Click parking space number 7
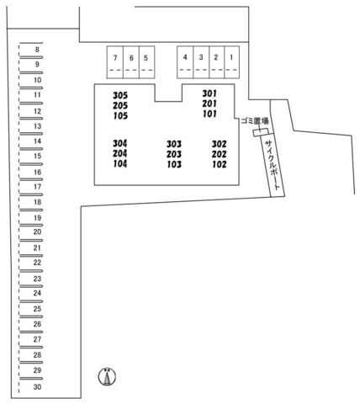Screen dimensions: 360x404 click(x=115, y=62)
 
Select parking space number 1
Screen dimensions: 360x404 click(x=231, y=62)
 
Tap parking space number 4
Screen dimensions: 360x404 click(x=185, y=62)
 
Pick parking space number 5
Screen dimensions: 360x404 click(x=146, y=62)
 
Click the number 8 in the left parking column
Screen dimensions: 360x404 click(x=37, y=50)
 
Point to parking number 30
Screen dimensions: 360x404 click(x=37, y=387)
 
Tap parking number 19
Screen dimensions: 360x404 click(x=38, y=218)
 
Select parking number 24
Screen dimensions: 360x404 click(x=37, y=293)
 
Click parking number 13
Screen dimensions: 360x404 click(x=38, y=126)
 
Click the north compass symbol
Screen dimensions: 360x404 click(x=107, y=376)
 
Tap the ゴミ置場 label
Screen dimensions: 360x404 click(x=255, y=121)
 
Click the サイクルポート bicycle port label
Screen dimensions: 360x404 click(x=273, y=165)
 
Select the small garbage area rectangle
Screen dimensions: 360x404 click(x=261, y=132)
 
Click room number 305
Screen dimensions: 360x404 click(x=120, y=95)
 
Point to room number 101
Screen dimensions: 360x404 click(x=209, y=114)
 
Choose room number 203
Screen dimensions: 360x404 click(x=174, y=154)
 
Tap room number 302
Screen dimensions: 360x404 click(x=219, y=144)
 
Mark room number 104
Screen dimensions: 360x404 click(x=120, y=163)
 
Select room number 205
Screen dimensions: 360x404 click(x=120, y=105)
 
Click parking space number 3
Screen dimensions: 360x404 click(x=201, y=62)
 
